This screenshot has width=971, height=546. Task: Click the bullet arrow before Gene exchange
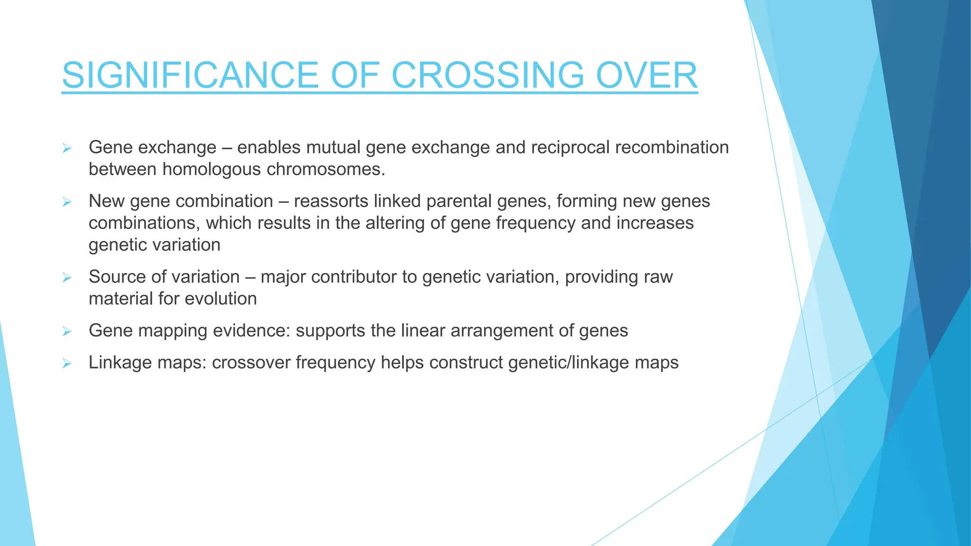point(67,148)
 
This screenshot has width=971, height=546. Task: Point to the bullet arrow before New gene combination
point(67,202)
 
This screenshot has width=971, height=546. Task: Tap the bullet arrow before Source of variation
point(67,278)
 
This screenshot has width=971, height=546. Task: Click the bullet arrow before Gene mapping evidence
point(67,331)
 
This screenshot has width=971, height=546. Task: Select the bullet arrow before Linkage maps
point(67,364)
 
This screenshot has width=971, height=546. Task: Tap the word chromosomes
point(326,169)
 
